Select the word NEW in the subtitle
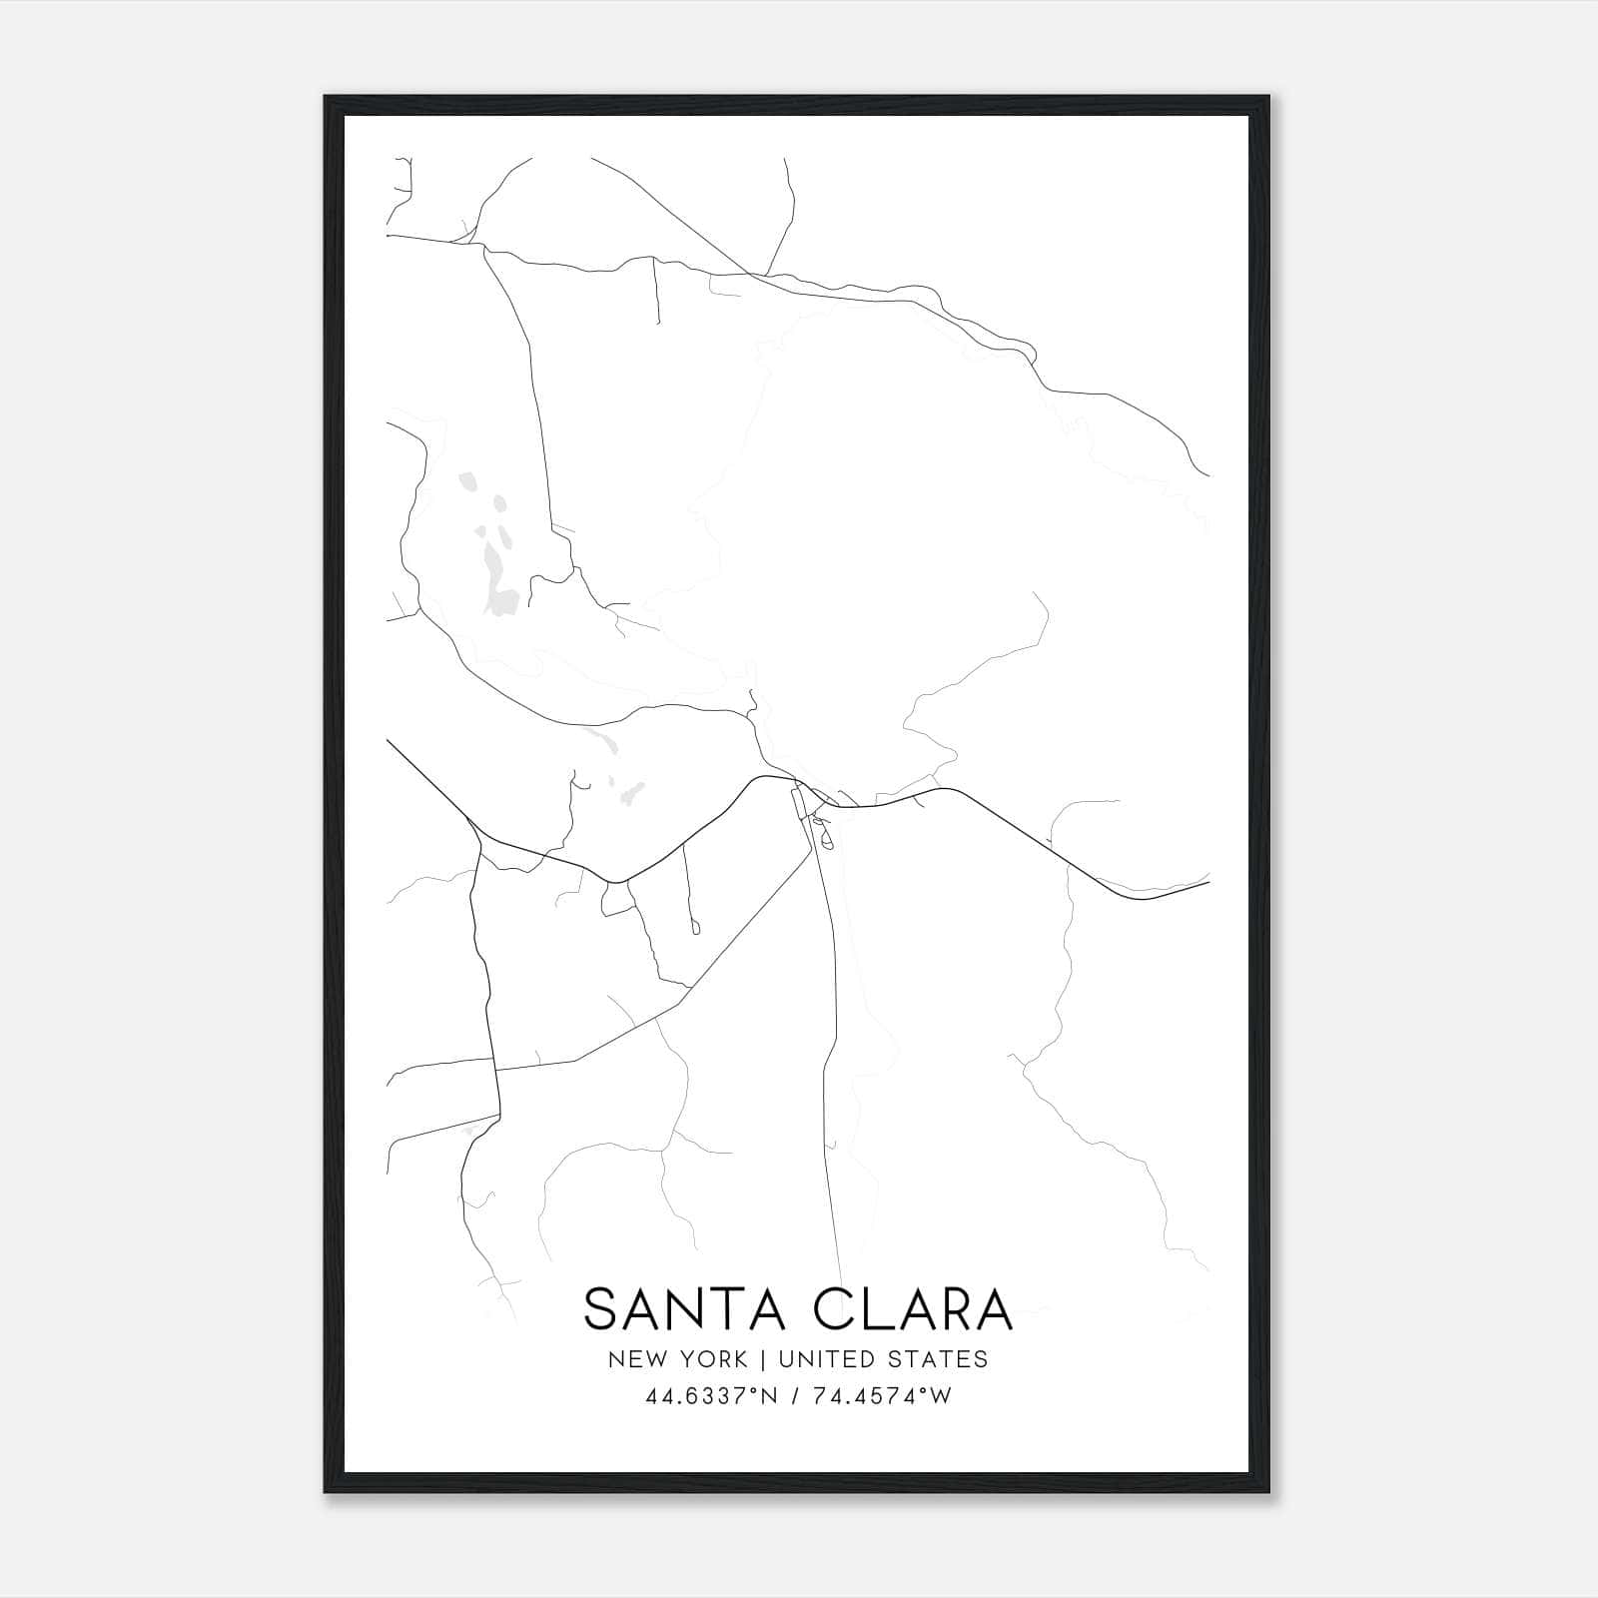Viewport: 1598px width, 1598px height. (x=632, y=1359)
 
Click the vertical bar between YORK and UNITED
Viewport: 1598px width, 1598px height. (x=763, y=1359)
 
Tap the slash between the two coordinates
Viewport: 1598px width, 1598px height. (x=795, y=1396)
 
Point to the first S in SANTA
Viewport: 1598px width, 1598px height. (x=600, y=1309)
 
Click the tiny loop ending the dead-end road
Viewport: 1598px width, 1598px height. (x=695, y=928)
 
